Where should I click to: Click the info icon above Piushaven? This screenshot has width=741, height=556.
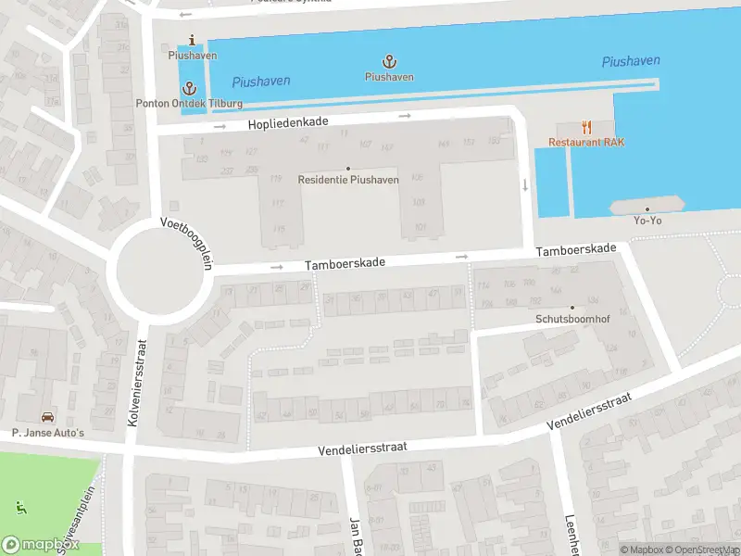[192, 40]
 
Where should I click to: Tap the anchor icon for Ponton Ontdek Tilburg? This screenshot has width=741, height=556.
[190, 88]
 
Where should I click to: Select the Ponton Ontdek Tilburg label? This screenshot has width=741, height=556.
[189, 103]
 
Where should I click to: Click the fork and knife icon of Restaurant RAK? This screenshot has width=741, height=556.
[586, 127]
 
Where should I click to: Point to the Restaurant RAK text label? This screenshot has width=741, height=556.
[586, 142]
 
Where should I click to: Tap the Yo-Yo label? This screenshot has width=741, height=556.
[647, 221]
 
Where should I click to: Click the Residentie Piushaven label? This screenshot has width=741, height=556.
[348, 180]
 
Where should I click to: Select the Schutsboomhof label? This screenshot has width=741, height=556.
[571, 319]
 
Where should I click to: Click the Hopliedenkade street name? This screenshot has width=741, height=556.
[287, 123]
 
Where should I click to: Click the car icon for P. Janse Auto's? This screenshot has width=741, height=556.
[46, 417]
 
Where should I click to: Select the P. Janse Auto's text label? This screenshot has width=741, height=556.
[47, 433]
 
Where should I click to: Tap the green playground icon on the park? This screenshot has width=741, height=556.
[20, 507]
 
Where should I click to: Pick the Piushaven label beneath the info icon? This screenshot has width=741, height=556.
[193, 56]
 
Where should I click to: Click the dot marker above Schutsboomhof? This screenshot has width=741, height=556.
[571, 308]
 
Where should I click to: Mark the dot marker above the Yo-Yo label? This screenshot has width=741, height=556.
[647, 209]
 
